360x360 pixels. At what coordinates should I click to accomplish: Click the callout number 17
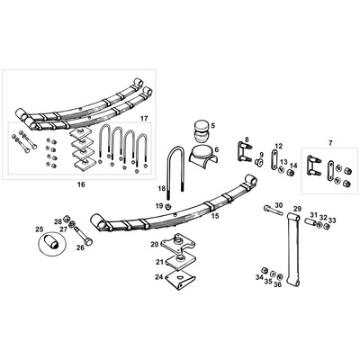click(143, 118)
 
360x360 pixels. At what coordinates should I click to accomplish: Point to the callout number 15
click(214, 216)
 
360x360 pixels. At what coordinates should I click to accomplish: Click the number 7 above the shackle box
click(329, 143)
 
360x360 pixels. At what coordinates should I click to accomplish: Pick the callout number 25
click(39, 229)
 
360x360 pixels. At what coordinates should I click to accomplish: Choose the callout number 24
click(158, 277)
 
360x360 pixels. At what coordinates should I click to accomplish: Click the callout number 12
click(278, 146)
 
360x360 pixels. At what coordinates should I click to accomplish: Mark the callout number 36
click(277, 285)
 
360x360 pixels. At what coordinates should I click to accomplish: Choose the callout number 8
click(246, 139)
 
